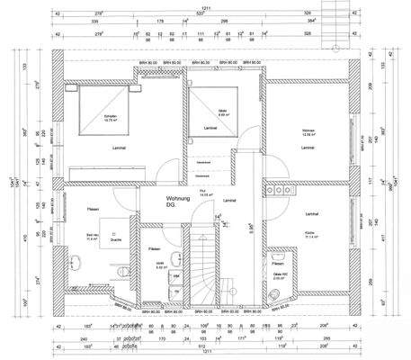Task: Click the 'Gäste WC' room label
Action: tap(279, 276)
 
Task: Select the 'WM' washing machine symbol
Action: tap(176, 276)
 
